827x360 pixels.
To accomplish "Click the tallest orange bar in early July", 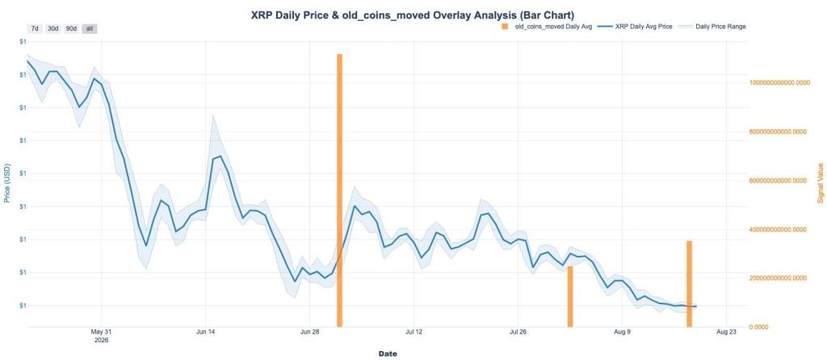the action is click(x=339, y=190).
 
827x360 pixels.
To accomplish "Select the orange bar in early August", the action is click(x=569, y=297).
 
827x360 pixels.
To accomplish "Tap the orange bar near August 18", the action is click(x=689, y=284).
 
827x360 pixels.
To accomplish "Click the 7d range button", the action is click(x=35, y=28).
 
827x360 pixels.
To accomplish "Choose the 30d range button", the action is click(x=52, y=28).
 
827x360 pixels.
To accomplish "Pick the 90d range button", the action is click(x=71, y=28).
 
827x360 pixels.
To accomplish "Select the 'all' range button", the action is click(x=89, y=28).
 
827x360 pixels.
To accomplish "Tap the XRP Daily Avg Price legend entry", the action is click(x=635, y=27).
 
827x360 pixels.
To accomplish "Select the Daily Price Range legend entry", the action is click(x=712, y=27).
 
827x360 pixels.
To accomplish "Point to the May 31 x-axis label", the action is click(x=100, y=332).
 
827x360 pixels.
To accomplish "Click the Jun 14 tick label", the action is click(x=205, y=332).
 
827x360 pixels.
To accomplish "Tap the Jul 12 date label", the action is click(x=414, y=332).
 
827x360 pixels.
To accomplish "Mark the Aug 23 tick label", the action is click(x=727, y=332).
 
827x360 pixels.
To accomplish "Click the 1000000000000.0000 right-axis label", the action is click(x=779, y=83).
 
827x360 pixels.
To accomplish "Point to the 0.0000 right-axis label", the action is click(x=759, y=328).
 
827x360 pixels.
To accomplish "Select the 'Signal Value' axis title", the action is click(x=821, y=183).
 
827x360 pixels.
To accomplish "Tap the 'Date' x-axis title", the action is click(x=388, y=354).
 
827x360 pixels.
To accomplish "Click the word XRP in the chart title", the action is click(x=262, y=15).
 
